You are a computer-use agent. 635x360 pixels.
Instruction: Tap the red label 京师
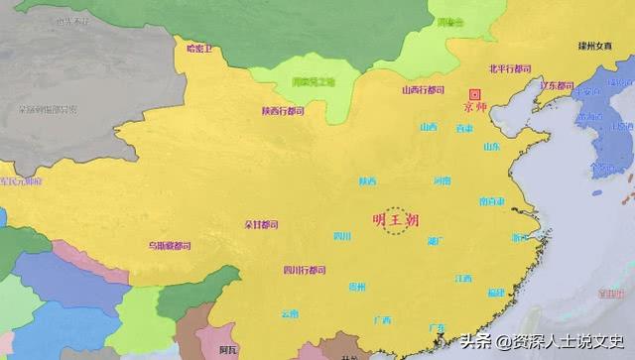point(474,104)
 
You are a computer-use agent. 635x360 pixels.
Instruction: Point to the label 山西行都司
point(422,89)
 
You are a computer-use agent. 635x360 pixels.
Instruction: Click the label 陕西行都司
point(283,111)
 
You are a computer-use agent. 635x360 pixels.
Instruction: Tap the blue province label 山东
point(492,147)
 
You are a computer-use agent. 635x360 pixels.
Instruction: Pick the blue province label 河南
point(442,180)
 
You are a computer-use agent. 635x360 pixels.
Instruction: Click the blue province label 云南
point(289,313)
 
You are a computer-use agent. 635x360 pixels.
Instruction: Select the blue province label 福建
point(496,293)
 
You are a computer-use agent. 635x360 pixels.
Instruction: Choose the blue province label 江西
point(463,279)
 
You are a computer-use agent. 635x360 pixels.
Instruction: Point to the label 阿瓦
point(228,349)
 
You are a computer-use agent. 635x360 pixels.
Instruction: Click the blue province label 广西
point(381,319)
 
